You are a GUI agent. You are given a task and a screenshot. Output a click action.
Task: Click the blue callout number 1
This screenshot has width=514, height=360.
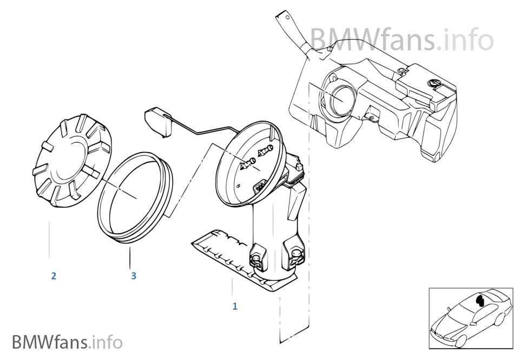[x=235, y=306]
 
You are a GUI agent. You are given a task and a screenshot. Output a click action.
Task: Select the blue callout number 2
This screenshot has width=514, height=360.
[x=54, y=276]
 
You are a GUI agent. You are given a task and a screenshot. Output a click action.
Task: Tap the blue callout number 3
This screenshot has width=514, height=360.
[x=134, y=276]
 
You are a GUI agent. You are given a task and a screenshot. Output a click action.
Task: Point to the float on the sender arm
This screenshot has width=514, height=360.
[x=157, y=123]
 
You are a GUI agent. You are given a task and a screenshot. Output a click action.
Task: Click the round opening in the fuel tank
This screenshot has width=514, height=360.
[x=341, y=97]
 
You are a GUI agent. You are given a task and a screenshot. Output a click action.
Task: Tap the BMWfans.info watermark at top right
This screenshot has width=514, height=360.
[x=401, y=40]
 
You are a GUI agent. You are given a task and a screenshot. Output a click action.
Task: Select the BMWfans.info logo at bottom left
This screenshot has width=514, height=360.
[x=67, y=342]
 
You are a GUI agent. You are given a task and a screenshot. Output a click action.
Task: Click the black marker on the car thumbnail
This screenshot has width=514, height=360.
[x=480, y=300]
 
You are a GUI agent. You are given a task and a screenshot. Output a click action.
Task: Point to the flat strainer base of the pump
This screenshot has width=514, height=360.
[x=229, y=259]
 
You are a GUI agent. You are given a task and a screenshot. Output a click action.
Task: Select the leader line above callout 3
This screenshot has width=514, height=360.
[x=130, y=258]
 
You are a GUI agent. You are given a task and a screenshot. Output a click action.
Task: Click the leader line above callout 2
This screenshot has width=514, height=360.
[x=49, y=239]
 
